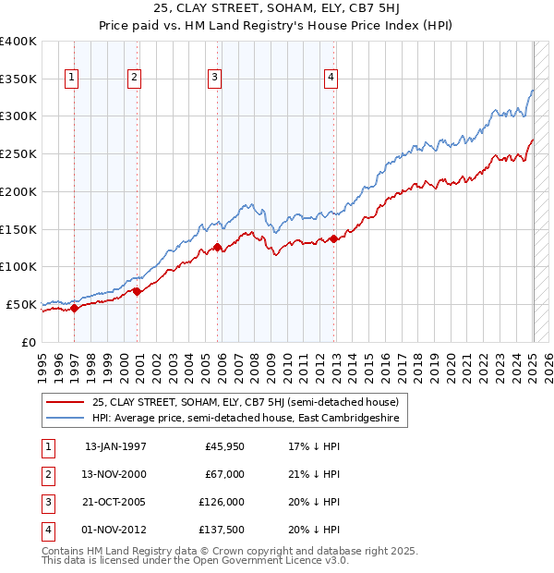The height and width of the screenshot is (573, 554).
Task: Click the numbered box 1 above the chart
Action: point(71,79)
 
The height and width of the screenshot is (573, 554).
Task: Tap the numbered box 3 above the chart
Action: point(213,79)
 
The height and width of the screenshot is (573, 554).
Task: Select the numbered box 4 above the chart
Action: point(330,79)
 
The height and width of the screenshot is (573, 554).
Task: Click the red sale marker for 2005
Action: point(217,247)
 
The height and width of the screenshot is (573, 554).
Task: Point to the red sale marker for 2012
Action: point(334,238)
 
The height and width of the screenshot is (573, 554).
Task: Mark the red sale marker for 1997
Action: point(75,308)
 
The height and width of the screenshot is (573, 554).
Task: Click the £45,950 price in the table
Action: point(224,446)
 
